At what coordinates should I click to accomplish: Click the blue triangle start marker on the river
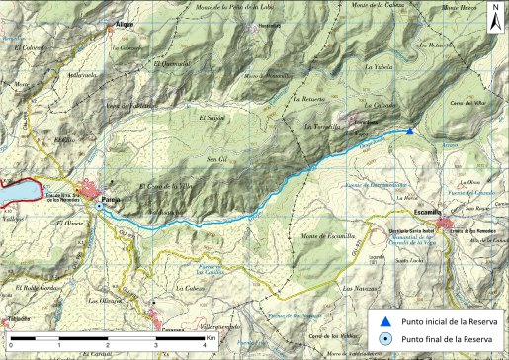(410, 130)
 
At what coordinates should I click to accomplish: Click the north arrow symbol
(494, 14)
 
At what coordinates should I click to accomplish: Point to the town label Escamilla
(430, 211)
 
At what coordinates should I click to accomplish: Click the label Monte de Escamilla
(325, 236)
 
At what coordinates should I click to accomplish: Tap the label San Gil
(216, 159)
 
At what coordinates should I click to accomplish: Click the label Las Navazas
(358, 288)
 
